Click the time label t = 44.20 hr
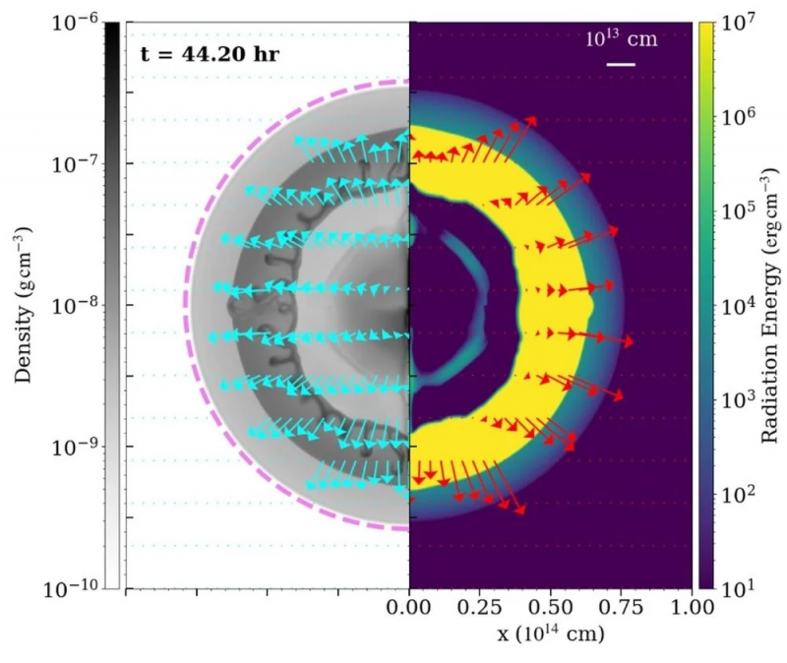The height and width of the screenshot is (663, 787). (x=207, y=53)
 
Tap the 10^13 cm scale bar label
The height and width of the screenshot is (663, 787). (x=621, y=40)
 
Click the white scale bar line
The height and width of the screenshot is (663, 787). (x=621, y=65)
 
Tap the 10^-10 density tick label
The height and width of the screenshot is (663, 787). (x=69, y=589)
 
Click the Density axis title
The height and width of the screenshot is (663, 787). (x=22, y=305)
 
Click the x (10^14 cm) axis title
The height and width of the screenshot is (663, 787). (x=550, y=635)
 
